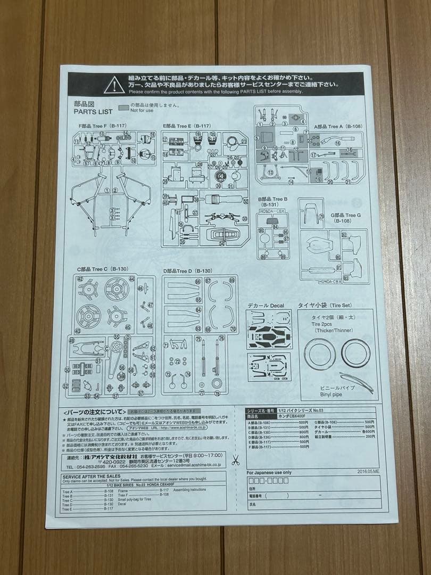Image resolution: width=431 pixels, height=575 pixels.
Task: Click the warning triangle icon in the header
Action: click(x=114, y=85)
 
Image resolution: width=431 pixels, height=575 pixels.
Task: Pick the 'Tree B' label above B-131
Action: click(x=275, y=199)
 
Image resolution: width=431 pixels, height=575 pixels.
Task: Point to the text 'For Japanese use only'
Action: click(x=269, y=472)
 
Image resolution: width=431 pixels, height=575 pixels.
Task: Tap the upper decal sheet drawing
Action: click(x=269, y=329)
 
